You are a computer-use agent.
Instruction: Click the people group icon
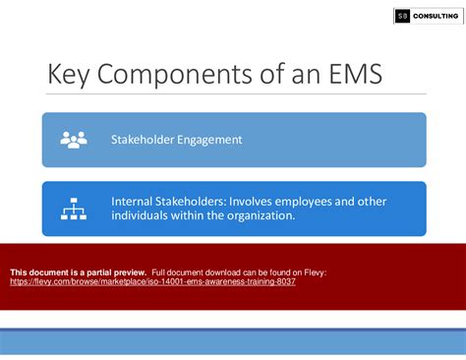[74, 140]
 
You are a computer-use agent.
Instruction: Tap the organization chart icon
[74, 209]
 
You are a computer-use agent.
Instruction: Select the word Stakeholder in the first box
[146, 140]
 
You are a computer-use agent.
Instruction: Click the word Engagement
[210, 140]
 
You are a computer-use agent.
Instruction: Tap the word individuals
[144, 216]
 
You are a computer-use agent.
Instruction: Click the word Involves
[256, 202]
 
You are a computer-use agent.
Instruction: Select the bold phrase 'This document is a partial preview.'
[78, 271]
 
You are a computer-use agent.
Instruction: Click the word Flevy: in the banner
[313, 271]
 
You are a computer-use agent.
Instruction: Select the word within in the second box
[196, 216]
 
